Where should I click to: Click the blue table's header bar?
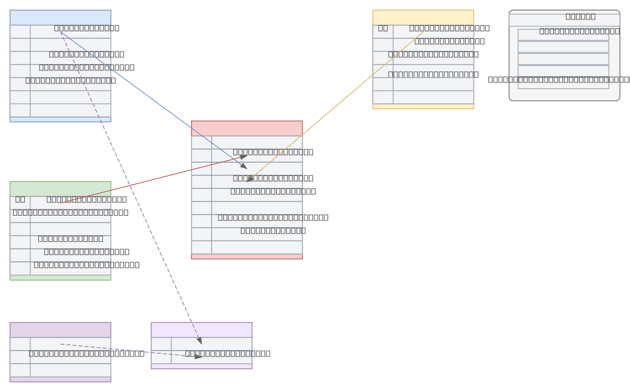pyautogui.click(x=60, y=17)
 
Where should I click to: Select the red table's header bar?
pyautogui.click(x=247, y=128)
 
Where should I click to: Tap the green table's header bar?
pyautogui.click(x=60, y=188)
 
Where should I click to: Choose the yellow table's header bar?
pyautogui.click(x=423, y=17)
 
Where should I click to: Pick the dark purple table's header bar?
pyautogui.click(x=60, y=330)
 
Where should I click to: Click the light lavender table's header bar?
pyautogui.click(x=201, y=330)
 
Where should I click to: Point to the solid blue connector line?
pyautogui.click(x=152, y=100)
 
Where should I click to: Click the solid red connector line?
pyautogui.click(x=152, y=179)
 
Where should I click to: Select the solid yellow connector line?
pyautogui.click(x=336, y=106)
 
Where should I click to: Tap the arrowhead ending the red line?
pyautogui.click(x=244, y=156)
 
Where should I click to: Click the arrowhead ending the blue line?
pyautogui.click(x=244, y=166)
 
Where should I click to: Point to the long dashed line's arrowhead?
pyautogui.click(x=199, y=341)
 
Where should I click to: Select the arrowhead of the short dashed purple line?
pyautogui.click(x=198, y=356)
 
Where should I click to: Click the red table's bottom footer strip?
pyautogui.click(x=247, y=257)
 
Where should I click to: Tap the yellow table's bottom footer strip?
pyautogui.click(x=423, y=107)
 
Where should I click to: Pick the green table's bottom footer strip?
pyautogui.click(x=60, y=278)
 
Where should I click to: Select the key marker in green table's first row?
pyautogui.click(x=20, y=199)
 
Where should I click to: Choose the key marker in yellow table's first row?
pyautogui.click(x=383, y=28)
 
